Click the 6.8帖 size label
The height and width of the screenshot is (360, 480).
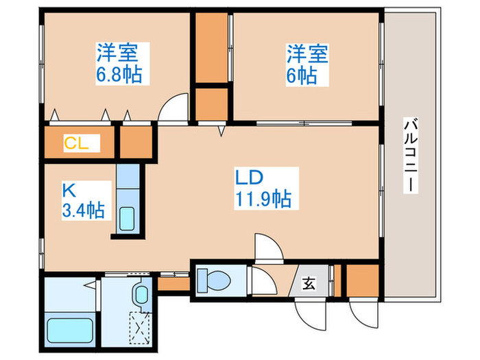(x=119, y=74)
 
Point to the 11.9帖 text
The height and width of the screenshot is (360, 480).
(x=263, y=200)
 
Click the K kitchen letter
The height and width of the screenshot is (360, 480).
(x=68, y=189)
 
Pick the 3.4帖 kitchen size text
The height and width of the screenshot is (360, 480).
(x=82, y=209)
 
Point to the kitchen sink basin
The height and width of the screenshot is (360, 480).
(x=128, y=218)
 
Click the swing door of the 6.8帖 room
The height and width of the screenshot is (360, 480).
(x=173, y=108)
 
